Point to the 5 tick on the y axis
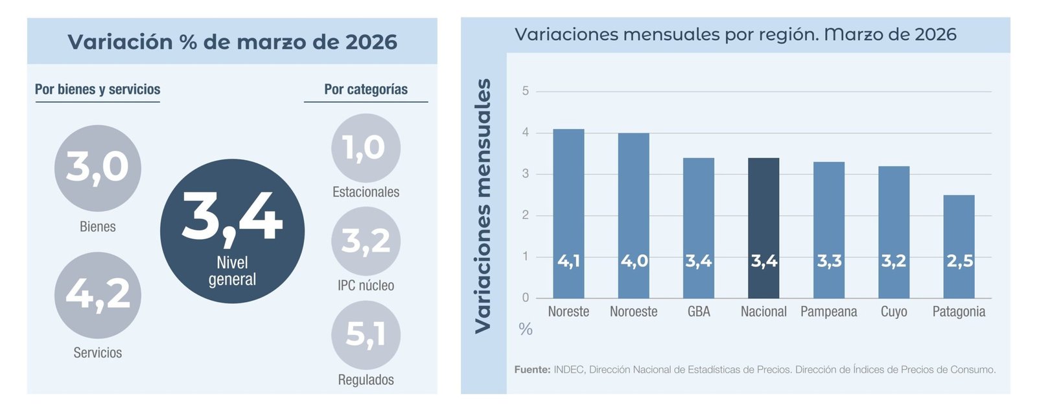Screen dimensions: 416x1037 click(526, 91)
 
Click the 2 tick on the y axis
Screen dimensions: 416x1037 click(526, 215)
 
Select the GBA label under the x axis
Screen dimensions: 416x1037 click(699, 312)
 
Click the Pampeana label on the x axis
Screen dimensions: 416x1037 click(828, 312)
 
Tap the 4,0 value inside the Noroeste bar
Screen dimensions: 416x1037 click(634, 261)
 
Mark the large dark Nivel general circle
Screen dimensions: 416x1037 click(232, 231)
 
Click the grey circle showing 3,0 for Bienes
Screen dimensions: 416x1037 click(98, 168)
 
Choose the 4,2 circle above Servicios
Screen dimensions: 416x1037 click(98, 295)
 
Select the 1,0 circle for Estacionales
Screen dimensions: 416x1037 click(366, 148)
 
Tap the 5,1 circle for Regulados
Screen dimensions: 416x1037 click(366, 335)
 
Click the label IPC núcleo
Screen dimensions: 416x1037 click(366, 286)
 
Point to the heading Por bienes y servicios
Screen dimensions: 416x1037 click(98, 89)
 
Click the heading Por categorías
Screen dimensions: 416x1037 click(366, 89)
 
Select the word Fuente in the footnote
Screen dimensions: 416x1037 click(532, 370)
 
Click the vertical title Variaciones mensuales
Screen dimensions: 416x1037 click(483, 206)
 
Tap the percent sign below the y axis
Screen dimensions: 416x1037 click(526, 329)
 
